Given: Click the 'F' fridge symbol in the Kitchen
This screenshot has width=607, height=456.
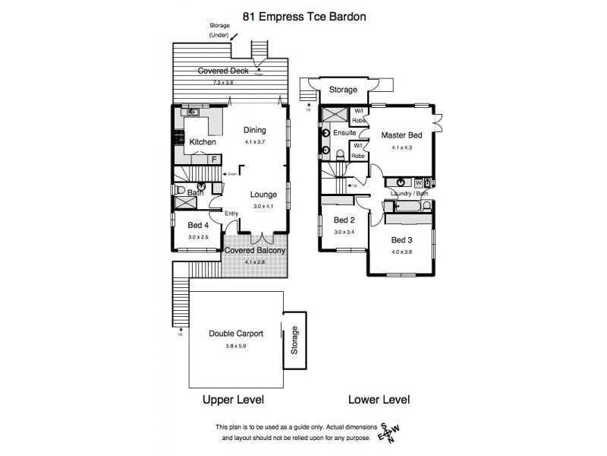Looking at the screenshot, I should click(215, 159).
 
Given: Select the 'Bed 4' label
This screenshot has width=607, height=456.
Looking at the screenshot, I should click(199, 225).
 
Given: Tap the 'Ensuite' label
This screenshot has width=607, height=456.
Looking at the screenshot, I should click(345, 133).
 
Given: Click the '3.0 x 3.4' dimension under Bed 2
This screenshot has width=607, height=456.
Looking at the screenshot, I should click(344, 232).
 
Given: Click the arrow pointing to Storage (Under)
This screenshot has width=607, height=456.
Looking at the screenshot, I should click(234, 36).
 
